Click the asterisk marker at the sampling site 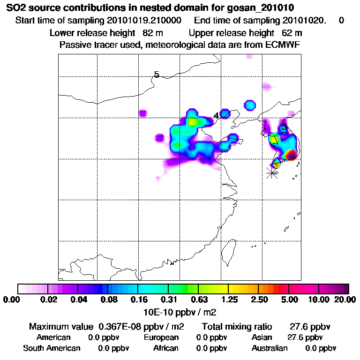(x=271, y=172)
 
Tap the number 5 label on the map (x=157, y=75)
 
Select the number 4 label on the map (x=216, y=115)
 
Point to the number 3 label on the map (x=284, y=126)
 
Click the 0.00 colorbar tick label (x=11, y=300)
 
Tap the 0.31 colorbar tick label (x=168, y=300)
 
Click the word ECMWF (x=283, y=45)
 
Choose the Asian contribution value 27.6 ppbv (x=305, y=337)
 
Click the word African (x=165, y=348)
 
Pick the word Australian (x=270, y=348)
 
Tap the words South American (x=52, y=348)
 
